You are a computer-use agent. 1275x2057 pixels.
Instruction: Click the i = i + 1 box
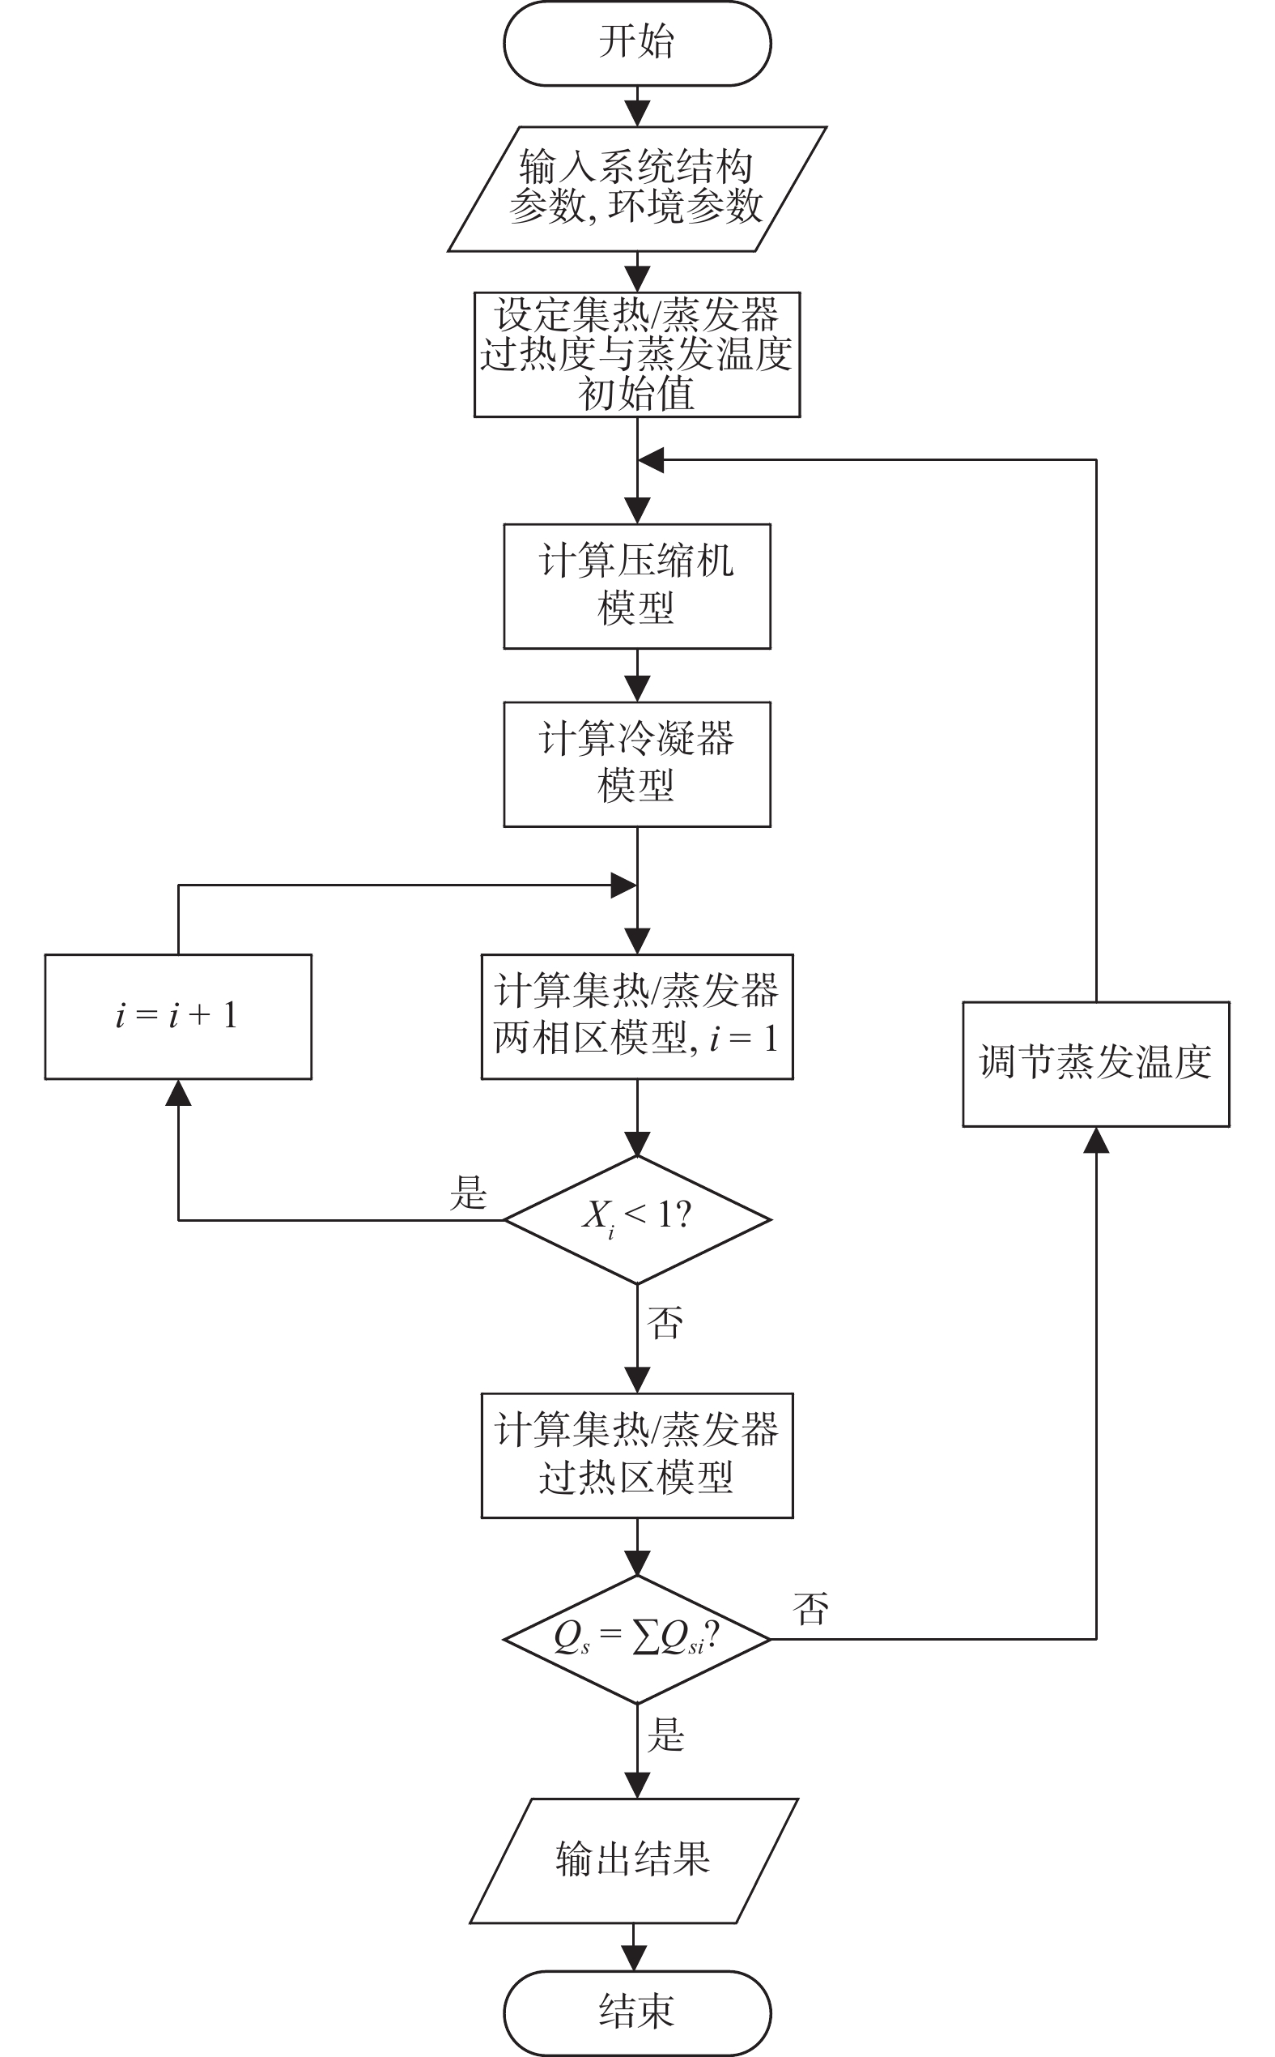178,1016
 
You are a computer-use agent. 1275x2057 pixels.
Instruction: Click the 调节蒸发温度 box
1095,1063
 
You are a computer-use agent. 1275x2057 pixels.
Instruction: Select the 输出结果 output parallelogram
633,1859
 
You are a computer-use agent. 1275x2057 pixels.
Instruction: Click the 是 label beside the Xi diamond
468,1193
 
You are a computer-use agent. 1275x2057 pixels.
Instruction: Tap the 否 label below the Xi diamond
665,1322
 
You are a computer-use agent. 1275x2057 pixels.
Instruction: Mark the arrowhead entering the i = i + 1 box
178,1092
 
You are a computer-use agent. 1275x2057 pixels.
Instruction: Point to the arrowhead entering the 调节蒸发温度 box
1095,1140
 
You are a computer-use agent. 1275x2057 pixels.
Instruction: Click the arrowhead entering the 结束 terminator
633,1958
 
